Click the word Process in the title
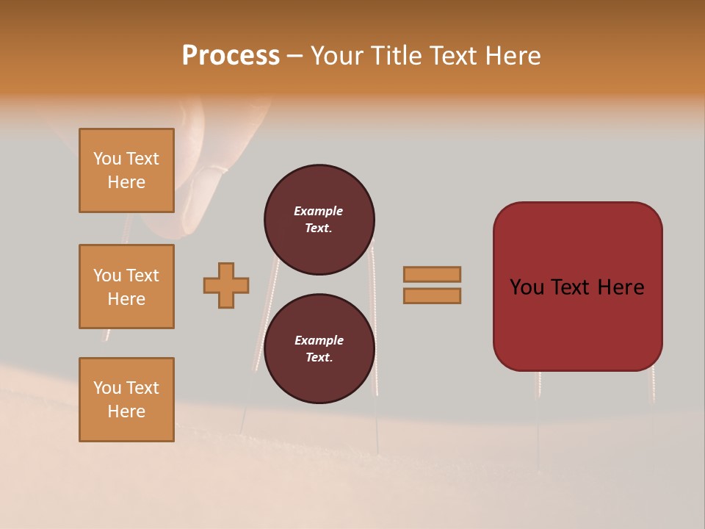231,56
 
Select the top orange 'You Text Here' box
126,170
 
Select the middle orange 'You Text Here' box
126,287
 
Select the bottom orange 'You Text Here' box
126,400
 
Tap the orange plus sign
226,285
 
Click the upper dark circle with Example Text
319,219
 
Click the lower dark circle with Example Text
319,348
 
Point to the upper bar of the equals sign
432,274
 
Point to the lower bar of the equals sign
432,295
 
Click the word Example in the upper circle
319,211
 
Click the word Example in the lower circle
319,340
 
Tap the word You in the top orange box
107,159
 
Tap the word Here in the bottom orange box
126,411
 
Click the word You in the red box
527,287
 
